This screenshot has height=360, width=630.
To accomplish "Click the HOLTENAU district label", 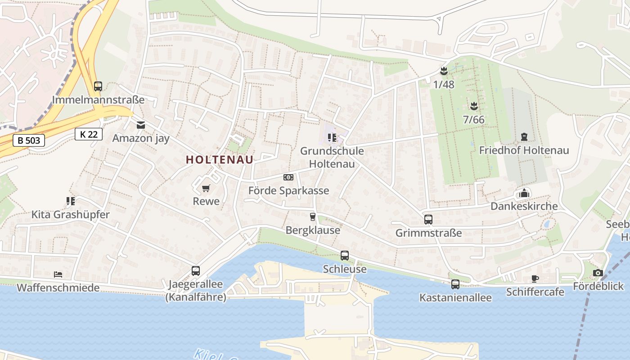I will pos(220,160).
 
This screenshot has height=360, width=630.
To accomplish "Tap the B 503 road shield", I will pos(29,140).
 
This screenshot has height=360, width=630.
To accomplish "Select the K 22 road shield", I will pos(89,134).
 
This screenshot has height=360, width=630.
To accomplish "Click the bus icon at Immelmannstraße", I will pos(98,86).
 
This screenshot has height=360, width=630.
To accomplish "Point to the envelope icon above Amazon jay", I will pos(141,125).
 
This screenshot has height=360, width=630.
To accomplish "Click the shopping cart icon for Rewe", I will pos(206,188).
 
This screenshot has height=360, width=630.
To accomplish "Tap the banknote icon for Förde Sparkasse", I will pos(288,177).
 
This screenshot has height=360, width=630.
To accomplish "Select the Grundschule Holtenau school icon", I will pos(332,138).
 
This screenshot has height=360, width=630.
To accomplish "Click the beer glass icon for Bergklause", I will pos(313,217).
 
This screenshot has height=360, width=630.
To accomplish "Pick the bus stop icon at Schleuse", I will pos(345,256).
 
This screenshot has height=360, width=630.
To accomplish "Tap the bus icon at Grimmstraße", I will pos(428,220).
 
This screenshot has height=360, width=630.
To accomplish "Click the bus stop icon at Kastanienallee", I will pos(455,284).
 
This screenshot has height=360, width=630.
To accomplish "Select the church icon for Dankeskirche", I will pos(524,193).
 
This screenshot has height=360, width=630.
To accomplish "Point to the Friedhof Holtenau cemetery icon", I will pos(524,137).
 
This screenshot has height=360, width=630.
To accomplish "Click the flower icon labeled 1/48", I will pos(444,71).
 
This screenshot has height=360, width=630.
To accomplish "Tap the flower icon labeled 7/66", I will pos(473,107).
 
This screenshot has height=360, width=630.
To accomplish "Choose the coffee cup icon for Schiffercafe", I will pos(535,279).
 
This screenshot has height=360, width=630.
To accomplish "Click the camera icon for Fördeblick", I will pos(598,273).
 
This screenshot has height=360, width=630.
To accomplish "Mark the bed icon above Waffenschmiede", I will pos(58,274).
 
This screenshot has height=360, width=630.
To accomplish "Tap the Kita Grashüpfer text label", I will pos(70,215).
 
